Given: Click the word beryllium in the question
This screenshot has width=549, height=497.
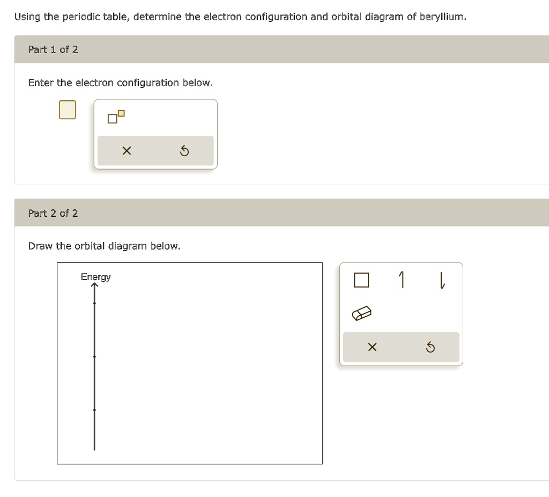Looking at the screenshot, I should point(442,17).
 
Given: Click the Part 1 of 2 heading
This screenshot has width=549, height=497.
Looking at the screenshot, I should point(53,49).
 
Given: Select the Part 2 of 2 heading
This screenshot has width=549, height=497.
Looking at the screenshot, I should point(53,213).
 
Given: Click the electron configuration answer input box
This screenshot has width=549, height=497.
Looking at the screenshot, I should point(67,109).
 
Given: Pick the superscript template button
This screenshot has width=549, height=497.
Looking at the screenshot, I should point(116,116).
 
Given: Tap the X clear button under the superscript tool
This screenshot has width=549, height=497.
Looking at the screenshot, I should point(126,151).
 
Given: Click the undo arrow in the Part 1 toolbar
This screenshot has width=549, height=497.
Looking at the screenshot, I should point(184,151).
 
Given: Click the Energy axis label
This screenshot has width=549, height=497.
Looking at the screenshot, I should point(95,277).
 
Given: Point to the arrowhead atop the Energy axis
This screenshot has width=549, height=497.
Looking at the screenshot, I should point(94,286).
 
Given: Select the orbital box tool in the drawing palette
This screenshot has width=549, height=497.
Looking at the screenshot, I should point(361,280).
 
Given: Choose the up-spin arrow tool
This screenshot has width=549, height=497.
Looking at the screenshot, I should point(402,280).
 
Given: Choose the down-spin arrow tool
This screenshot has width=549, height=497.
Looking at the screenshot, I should point(441,280).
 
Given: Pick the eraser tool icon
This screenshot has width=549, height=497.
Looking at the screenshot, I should point(361,313).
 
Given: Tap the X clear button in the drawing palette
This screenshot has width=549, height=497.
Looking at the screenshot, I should point(372,347).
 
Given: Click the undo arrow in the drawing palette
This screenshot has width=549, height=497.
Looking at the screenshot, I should point(430,347).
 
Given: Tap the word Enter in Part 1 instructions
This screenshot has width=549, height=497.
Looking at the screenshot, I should point(41,83).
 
